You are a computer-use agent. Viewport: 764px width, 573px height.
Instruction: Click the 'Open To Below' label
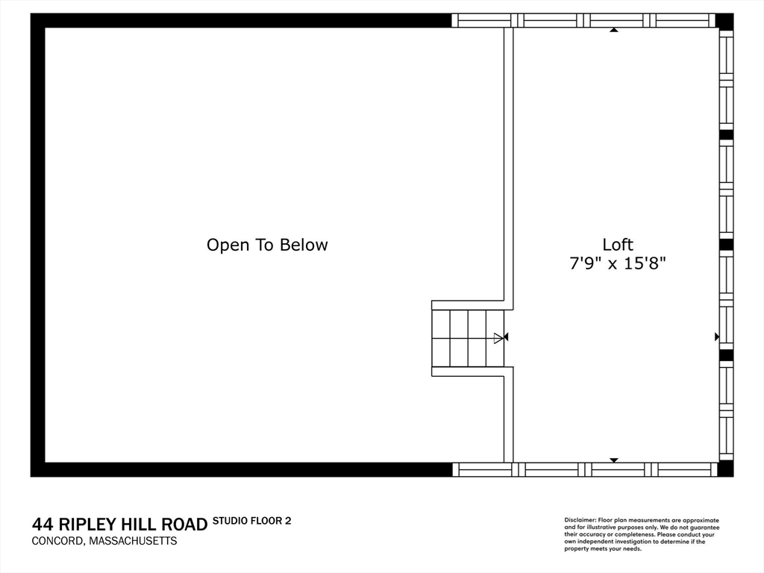pyautogui.click(x=267, y=245)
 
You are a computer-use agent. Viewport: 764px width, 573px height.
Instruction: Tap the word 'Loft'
pyautogui.click(x=617, y=244)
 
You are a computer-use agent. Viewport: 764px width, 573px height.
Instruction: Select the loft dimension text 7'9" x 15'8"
pyautogui.click(x=617, y=263)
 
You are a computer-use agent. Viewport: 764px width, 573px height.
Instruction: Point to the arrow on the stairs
pyautogui.click(x=498, y=338)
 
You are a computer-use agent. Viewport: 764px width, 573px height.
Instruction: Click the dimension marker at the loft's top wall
pyautogui.click(x=614, y=31)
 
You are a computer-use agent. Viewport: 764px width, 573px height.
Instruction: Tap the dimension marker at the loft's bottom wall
pyautogui.click(x=614, y=460)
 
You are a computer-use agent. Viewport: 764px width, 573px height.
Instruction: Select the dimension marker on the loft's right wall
pyautogui.click(x=716, y=336)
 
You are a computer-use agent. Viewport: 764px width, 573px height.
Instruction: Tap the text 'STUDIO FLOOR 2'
pyautogui.click(x=251, y=521)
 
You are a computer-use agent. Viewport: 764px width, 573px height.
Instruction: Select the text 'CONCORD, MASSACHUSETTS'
pyautogui.click(x=104, y=541)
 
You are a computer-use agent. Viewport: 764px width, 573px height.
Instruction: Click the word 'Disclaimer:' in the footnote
pyautogui.click(x=580, y=520)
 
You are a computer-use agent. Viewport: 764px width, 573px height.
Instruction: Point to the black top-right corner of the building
pyautogui.click(x=724, y=21)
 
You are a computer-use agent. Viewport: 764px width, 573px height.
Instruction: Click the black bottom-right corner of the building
pyautogui.click(x=724, y=469)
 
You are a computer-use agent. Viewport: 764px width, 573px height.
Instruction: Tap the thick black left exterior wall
pyautogui.click(x=37, y=245)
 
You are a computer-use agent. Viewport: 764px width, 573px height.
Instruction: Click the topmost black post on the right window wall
pyautogui.click(x=726, y=135)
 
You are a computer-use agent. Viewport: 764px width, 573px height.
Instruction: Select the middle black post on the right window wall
pyautogui.click(x=726, y=244)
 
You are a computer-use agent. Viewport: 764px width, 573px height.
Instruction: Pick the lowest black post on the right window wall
pyautogui.click(x=726, y=355)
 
